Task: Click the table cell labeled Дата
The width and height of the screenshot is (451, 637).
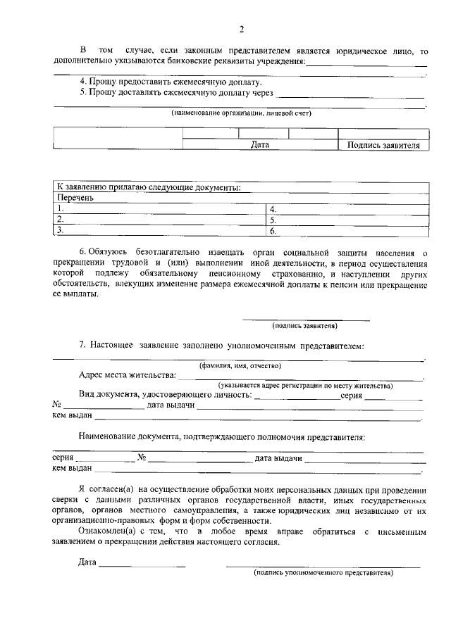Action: click(260, 145)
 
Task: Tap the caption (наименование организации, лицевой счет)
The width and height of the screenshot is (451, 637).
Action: click(241, 113)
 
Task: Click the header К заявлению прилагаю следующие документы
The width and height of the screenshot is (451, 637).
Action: click(149, 187)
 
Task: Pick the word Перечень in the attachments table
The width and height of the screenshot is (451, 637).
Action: click(75, 198)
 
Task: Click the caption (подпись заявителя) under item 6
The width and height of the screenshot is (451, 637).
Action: click(305, 325)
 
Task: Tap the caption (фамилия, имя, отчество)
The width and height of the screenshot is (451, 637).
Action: click(240, 365)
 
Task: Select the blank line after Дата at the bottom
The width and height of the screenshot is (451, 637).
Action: click(142, 564)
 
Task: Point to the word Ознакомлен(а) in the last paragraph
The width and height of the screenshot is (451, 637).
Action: click(104, 532)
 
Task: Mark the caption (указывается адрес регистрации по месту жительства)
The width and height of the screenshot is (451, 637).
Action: click(304, 386)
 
